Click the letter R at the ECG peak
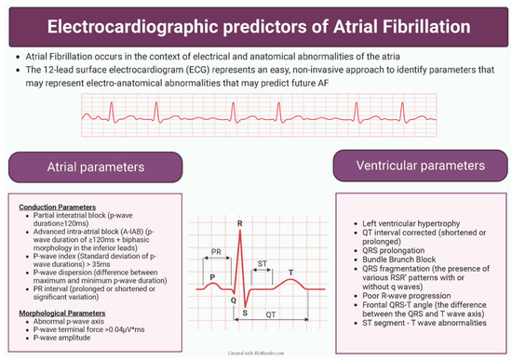click(241, 223)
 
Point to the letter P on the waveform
click(213, 276)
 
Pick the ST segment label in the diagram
click(263, 263)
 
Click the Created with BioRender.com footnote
click(255, 354)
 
